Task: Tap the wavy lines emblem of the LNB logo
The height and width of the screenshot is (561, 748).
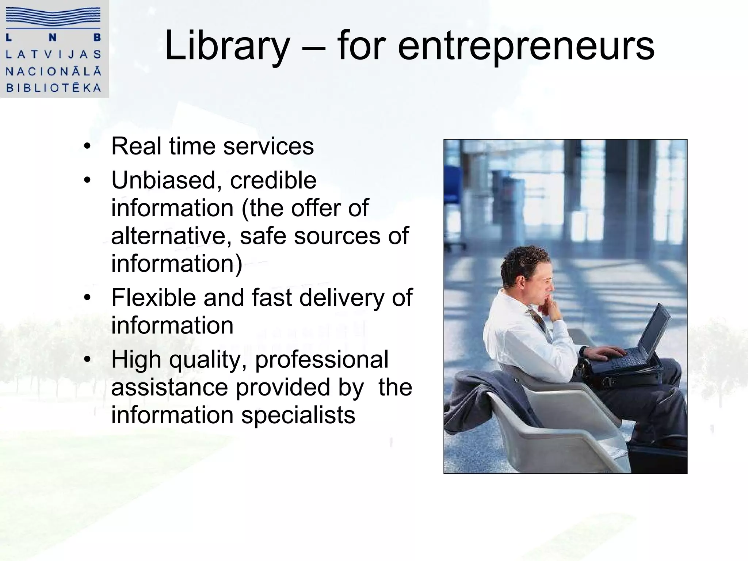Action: tap(54, 18)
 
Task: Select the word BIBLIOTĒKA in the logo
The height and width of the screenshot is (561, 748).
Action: tap(54, 88)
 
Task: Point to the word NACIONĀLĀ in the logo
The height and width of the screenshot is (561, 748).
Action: tap(54, 71)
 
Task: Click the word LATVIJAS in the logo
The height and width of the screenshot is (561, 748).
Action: tap(54, 54)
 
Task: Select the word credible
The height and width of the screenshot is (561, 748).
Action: tap(273, 180)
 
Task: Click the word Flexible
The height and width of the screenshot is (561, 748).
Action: tap(154, 297)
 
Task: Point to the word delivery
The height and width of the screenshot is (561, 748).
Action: tap(342, 297)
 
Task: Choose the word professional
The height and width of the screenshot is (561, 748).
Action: tap(322, 359)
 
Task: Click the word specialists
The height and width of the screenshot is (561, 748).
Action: tap(298, 415)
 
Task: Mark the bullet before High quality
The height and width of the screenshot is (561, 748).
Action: tap(87, 360)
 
